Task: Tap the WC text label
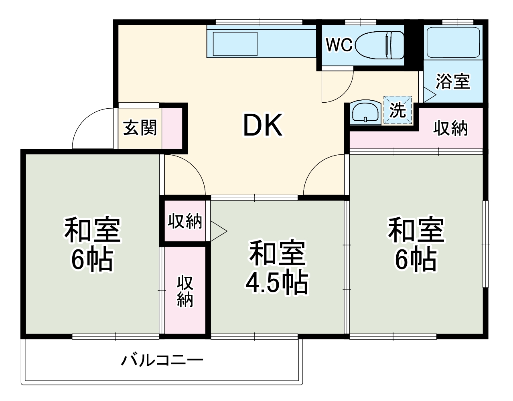tap(339, 45)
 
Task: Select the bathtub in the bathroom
tap(453, 43)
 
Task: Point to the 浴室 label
tap(453, 82)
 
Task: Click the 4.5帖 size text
tap(276, 284)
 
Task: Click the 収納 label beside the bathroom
tap(450, 128)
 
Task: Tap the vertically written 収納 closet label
tap(185, 291)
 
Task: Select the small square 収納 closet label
tap(185, 221)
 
